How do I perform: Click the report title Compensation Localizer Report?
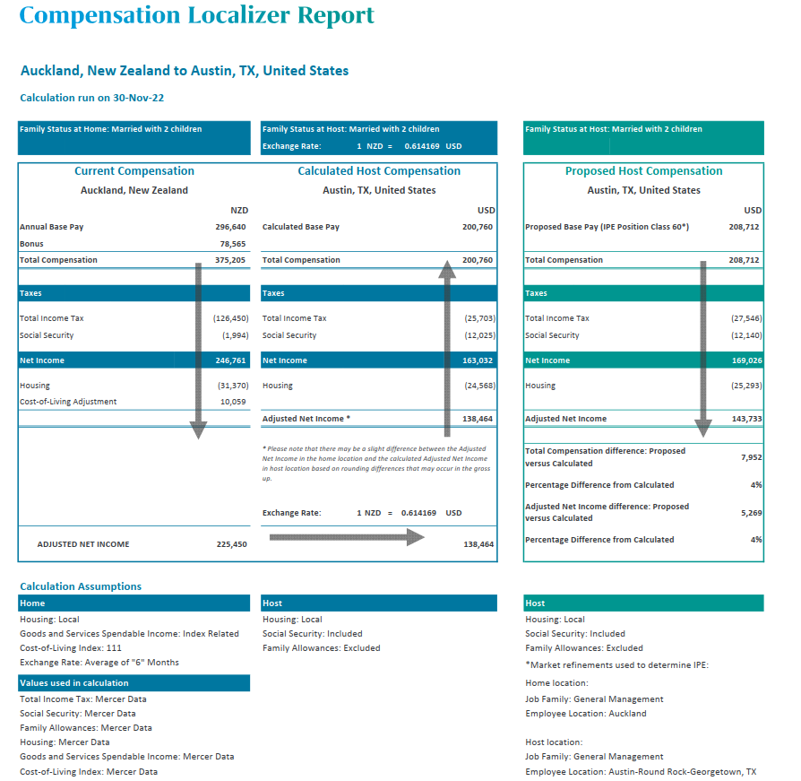coord(196,15)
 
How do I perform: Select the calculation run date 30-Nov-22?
coord(142,98)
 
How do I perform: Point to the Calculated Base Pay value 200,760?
coord(478,227)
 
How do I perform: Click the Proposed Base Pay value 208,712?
coord(744,227)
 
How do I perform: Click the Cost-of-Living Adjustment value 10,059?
coord(235,402)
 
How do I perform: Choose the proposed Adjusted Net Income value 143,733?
coord(744,419)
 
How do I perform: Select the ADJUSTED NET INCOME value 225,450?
coord(231,544)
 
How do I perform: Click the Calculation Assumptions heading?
coord(81,586)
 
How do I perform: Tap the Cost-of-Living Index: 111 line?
coord(71,647)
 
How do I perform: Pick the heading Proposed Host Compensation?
coord(643,171)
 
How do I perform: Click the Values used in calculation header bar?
coord(133,683)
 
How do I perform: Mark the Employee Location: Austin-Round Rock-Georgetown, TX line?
coord(641,771)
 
